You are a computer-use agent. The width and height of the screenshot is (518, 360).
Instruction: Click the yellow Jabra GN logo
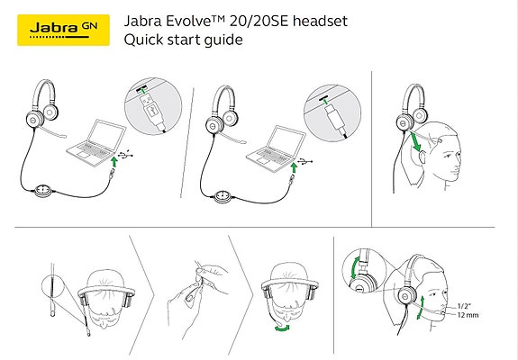(63, 30)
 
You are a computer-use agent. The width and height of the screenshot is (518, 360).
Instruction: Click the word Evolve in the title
(192, 21)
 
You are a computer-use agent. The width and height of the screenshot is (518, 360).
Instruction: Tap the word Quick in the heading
(143, 40)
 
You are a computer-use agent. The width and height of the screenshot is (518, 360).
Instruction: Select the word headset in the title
(320, 21)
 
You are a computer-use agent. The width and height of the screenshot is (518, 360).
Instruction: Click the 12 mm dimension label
(468, 315)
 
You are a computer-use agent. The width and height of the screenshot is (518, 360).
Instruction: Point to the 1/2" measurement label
(464, 306)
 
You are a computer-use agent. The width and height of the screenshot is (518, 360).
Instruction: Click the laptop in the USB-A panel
(96, 143)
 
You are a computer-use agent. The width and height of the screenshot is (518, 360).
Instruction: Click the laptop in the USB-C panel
(277, 148)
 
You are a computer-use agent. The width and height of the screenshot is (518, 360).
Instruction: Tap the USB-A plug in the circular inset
(153, 111)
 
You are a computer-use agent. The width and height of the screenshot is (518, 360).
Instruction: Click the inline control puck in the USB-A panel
(43, 191)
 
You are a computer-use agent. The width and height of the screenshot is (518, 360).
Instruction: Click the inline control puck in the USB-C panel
(223, 196)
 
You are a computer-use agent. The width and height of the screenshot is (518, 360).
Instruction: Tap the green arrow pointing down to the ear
(415, 142)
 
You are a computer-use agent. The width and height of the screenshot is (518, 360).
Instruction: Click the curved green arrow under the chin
(282, 328)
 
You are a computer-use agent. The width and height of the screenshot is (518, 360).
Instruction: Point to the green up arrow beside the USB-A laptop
(114, 162)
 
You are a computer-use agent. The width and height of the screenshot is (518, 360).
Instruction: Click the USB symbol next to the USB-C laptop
(304, 162)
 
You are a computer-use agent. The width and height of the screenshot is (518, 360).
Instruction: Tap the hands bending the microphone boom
(198, 292)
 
